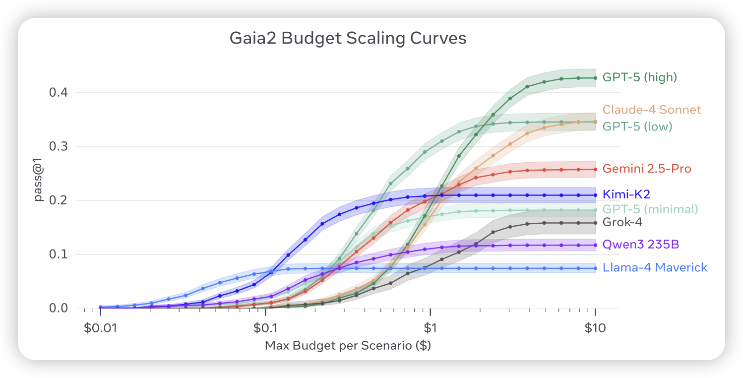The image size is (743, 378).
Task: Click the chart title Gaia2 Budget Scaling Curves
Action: coord(348,39)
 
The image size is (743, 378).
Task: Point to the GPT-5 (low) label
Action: coord(637,126)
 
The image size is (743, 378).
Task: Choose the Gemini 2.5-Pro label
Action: coord(647,169)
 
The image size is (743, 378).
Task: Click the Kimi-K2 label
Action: coord(625,194)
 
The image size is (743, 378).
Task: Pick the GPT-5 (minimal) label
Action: coord(650,209)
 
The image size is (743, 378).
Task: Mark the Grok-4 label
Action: coord(622,222)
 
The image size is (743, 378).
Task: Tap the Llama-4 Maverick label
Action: coord(655,268)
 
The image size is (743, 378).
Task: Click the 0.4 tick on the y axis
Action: coord(58,93)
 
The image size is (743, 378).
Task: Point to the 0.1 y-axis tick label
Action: coord(58,254)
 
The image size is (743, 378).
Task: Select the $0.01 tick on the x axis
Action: coord(100,327)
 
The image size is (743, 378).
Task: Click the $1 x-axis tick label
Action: coord(430,327)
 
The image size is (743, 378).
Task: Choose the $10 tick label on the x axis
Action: coord(595,327)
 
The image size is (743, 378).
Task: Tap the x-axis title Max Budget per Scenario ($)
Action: coord(348,346)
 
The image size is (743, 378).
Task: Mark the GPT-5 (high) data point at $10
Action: coord(595,78)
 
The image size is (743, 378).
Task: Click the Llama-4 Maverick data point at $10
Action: coord(595,268)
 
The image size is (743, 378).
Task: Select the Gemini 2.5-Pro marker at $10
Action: coord(595,170)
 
